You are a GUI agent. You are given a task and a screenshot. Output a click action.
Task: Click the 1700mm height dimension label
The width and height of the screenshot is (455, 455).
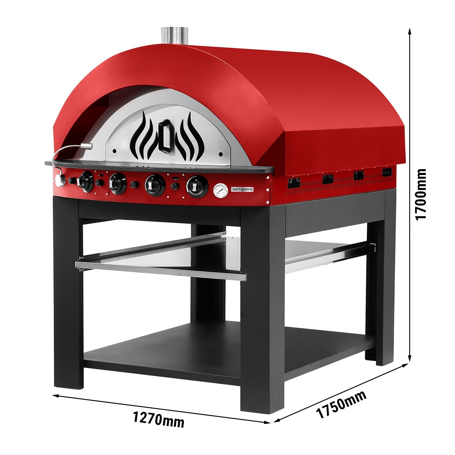(x=420, y=194)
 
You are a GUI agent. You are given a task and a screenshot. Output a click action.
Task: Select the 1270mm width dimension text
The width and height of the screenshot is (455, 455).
(x=159, y=419)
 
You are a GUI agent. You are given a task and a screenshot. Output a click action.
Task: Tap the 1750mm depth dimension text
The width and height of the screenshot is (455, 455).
(x=341, y=404)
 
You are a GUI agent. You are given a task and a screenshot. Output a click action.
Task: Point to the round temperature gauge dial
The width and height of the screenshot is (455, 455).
(x=221, y=190)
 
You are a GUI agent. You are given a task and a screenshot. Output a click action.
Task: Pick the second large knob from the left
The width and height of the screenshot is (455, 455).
(x=117, y=184)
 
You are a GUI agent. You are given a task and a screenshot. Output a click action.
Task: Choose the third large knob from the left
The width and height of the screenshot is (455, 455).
(x=155, y=185)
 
